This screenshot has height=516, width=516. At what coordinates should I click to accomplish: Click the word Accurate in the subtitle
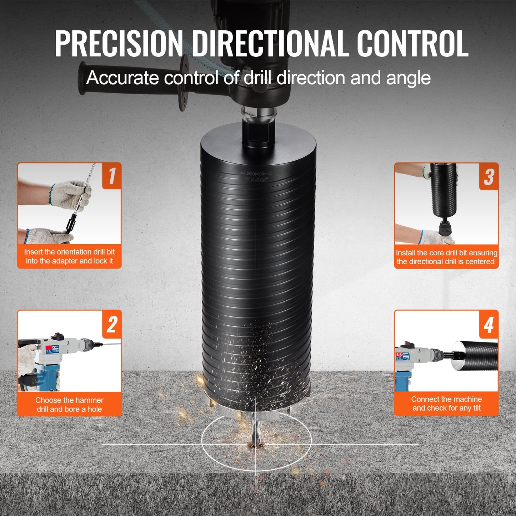122,77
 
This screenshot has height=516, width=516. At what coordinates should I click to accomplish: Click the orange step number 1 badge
112,176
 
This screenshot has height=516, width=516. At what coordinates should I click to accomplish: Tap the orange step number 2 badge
112,324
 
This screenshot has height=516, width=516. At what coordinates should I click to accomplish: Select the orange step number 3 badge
489,177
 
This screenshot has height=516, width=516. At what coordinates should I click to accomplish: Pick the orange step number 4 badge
489,325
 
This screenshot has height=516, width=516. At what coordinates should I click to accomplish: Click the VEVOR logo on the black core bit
256,180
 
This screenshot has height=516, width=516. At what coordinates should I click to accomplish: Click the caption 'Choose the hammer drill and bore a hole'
69,405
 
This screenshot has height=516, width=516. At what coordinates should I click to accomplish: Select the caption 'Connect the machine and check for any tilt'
446,404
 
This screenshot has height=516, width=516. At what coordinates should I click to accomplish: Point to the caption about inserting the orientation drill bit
69,256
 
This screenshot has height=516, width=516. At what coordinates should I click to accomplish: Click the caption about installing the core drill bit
446,257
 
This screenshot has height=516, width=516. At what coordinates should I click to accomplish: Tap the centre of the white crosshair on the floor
256,444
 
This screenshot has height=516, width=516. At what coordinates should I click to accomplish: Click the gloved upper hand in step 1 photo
70,195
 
